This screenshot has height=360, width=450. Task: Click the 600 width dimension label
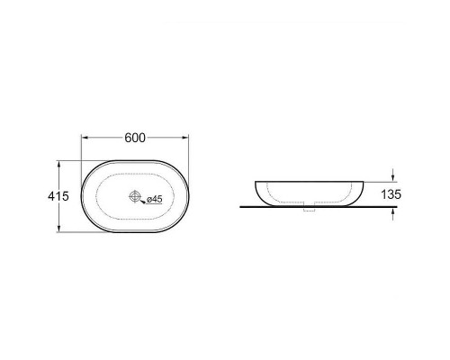(x=135, y=138)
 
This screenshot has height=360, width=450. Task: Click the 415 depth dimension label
(x=58, y=196)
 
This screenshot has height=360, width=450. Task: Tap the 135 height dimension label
(x=391, y=194)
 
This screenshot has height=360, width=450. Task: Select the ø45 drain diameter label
(x=154, y=199)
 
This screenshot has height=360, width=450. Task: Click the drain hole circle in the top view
(x=135, y=196)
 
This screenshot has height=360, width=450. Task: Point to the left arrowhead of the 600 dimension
(x=85, y=138)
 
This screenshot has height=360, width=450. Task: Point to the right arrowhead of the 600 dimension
(x=185, y=138)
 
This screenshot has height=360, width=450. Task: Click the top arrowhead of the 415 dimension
(x=58, y=164)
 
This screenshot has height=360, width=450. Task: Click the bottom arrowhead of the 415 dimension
(x=58, y=229)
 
